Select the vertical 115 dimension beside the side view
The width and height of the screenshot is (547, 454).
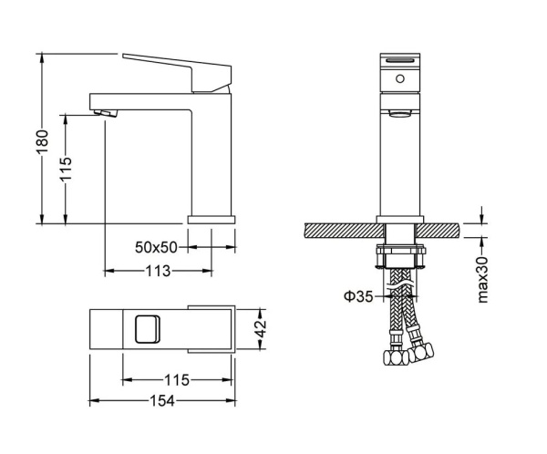coord(67,167)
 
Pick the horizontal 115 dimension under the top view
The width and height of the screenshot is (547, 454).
coord(174,379)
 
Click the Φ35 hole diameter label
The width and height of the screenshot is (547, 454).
coord(356,294)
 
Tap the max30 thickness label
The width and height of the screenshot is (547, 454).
coord(484,276)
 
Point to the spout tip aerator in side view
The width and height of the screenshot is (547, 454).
coord(105,113)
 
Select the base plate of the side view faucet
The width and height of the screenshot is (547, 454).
coord(212,219)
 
